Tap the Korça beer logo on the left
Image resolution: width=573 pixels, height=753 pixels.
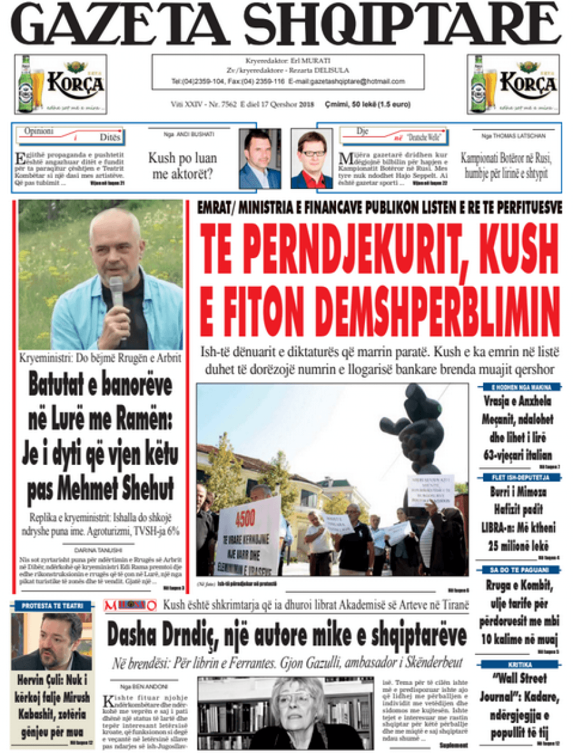click(x=60, y=83)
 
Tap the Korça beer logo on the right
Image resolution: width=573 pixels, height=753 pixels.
click(x=513, y=83)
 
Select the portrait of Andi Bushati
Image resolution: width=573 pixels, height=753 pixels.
click(x=260, y=158)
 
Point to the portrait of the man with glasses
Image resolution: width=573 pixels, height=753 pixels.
click(x=311, y=160)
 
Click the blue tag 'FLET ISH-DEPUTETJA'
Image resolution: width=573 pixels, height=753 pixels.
click(x=516, y=477)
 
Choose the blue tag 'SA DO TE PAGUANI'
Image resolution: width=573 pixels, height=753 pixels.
click(x=516, y=570)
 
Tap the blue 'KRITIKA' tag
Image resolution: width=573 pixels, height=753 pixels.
click(x=516, y=664)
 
